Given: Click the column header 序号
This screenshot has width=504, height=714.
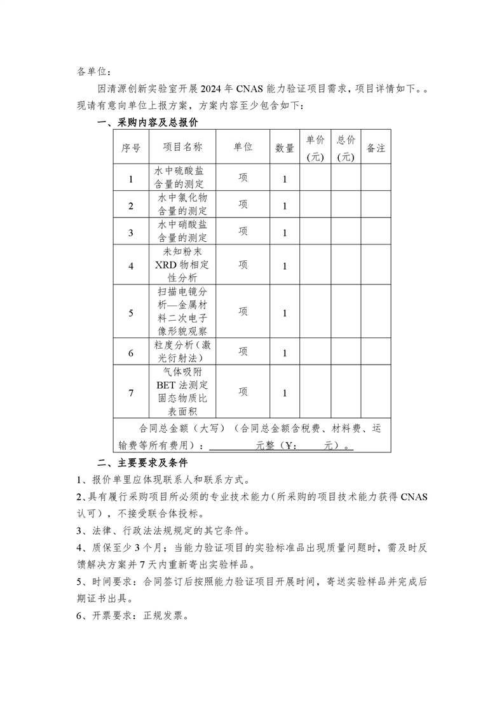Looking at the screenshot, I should point(131,147).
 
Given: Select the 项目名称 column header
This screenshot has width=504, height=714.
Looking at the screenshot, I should point(182,147).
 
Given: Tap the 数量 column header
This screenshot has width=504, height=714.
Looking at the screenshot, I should point(285,148).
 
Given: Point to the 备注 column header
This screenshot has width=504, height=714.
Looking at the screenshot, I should point(376,148).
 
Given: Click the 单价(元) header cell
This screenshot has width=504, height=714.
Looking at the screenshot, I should point(315,148).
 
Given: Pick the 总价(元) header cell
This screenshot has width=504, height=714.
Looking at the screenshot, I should point(346,148).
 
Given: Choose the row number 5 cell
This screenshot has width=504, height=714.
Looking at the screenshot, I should point(131,312).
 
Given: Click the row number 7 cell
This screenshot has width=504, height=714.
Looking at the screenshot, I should point(131,393).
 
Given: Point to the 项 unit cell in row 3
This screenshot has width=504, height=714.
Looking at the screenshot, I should point(243,232).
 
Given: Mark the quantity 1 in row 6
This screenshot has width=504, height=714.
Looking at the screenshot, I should point(285,353).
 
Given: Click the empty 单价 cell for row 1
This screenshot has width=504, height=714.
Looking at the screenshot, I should point(315,178).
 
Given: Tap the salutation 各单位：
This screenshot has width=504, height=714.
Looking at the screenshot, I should point(93,71).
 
